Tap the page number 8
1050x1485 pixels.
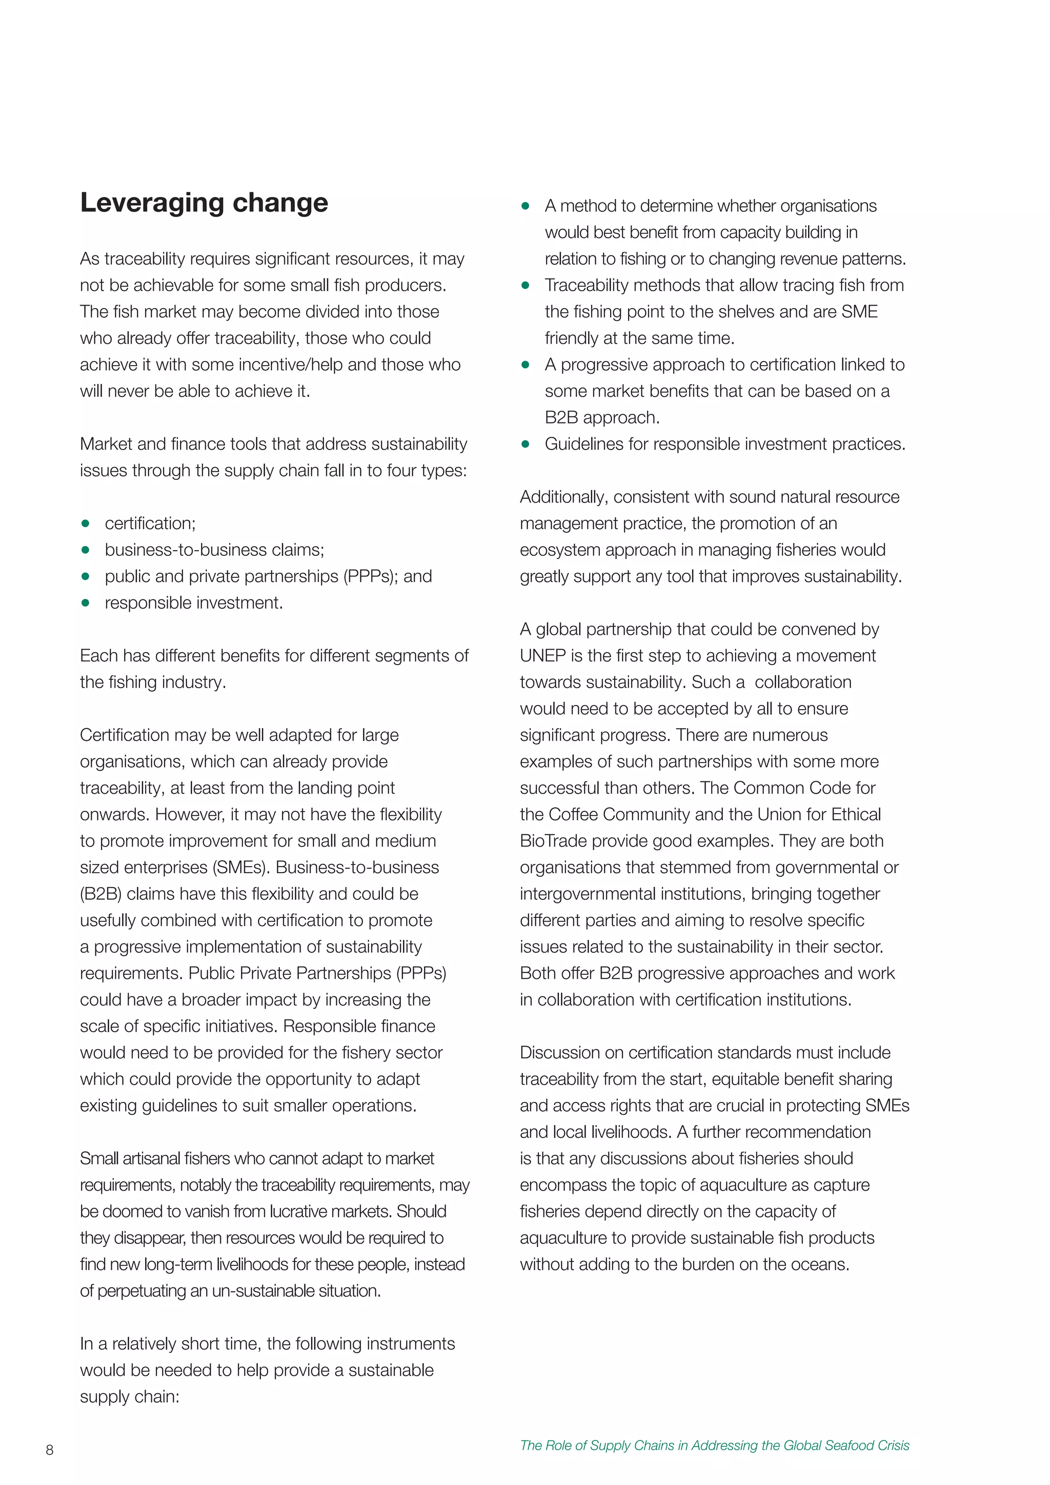point(50,1450)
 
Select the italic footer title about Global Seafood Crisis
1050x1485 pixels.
point(714,1445)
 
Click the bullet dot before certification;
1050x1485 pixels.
point(85,523)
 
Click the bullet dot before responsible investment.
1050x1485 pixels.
point(85,603)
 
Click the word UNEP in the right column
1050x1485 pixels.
point(542,656)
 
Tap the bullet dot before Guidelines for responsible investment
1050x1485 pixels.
point(526,445)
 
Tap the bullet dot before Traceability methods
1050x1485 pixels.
point(526,285)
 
